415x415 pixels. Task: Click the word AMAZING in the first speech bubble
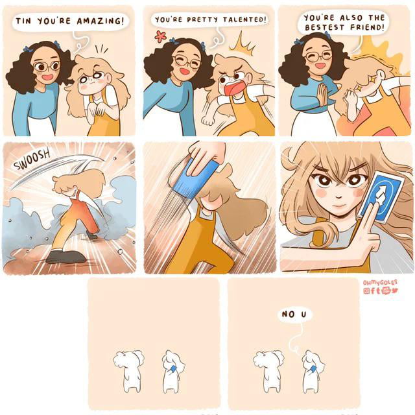(100, 21)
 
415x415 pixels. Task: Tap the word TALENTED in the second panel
(244, 19)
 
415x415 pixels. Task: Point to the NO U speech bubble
(294, 314)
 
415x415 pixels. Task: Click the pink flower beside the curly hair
(160, 36)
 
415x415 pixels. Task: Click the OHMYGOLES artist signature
(380, 283)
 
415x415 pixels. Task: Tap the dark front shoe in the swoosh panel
(65, 256)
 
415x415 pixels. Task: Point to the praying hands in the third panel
(323, 95)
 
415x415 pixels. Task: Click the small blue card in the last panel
(313, 369)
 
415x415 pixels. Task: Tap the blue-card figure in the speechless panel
(173, 371)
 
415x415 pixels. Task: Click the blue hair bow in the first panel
(56, 43)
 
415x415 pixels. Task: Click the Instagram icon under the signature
(366, 290)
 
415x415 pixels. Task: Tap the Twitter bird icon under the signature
(395, 290)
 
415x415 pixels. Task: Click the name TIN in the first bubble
(23, 21)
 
